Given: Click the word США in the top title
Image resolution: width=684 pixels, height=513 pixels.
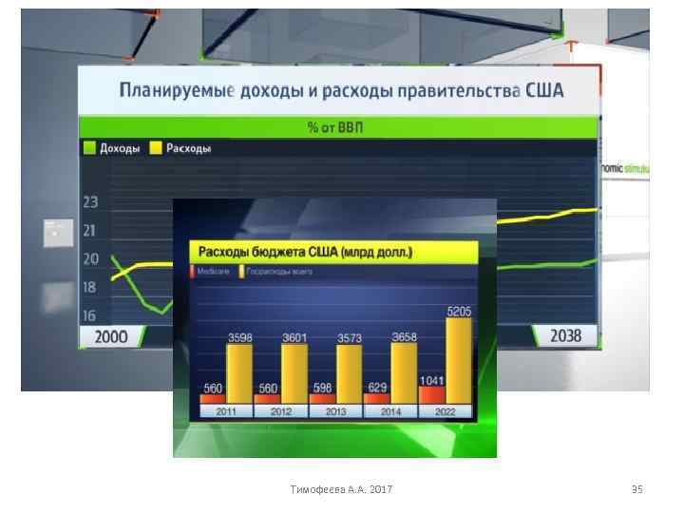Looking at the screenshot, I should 541,91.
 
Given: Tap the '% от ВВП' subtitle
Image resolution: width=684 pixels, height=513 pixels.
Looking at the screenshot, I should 338,127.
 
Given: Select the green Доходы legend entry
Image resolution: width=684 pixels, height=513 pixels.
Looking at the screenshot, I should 112,148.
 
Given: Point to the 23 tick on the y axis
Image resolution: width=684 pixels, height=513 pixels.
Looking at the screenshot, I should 90,201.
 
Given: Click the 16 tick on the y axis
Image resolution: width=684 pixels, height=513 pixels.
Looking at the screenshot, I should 90,315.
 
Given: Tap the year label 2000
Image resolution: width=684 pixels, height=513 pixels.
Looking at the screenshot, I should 111,336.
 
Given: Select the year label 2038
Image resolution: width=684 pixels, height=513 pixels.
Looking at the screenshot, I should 566,336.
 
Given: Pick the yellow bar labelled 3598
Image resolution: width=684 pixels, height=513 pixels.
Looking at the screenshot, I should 239,372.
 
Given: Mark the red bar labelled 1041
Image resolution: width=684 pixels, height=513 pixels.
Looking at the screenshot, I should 432,392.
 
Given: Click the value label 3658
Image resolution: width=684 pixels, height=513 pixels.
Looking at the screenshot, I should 405,336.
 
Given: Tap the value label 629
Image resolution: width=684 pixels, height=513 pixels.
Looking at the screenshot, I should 377,388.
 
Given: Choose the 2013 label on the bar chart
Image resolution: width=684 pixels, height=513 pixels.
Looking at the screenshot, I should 336,412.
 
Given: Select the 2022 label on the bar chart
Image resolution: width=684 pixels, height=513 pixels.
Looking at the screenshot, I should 446,412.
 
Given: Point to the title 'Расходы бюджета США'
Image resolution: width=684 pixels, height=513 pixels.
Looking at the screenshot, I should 304,254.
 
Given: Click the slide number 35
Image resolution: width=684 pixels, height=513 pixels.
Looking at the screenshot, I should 636,489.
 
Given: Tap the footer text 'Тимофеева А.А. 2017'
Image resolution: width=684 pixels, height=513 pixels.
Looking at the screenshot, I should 342,489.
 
